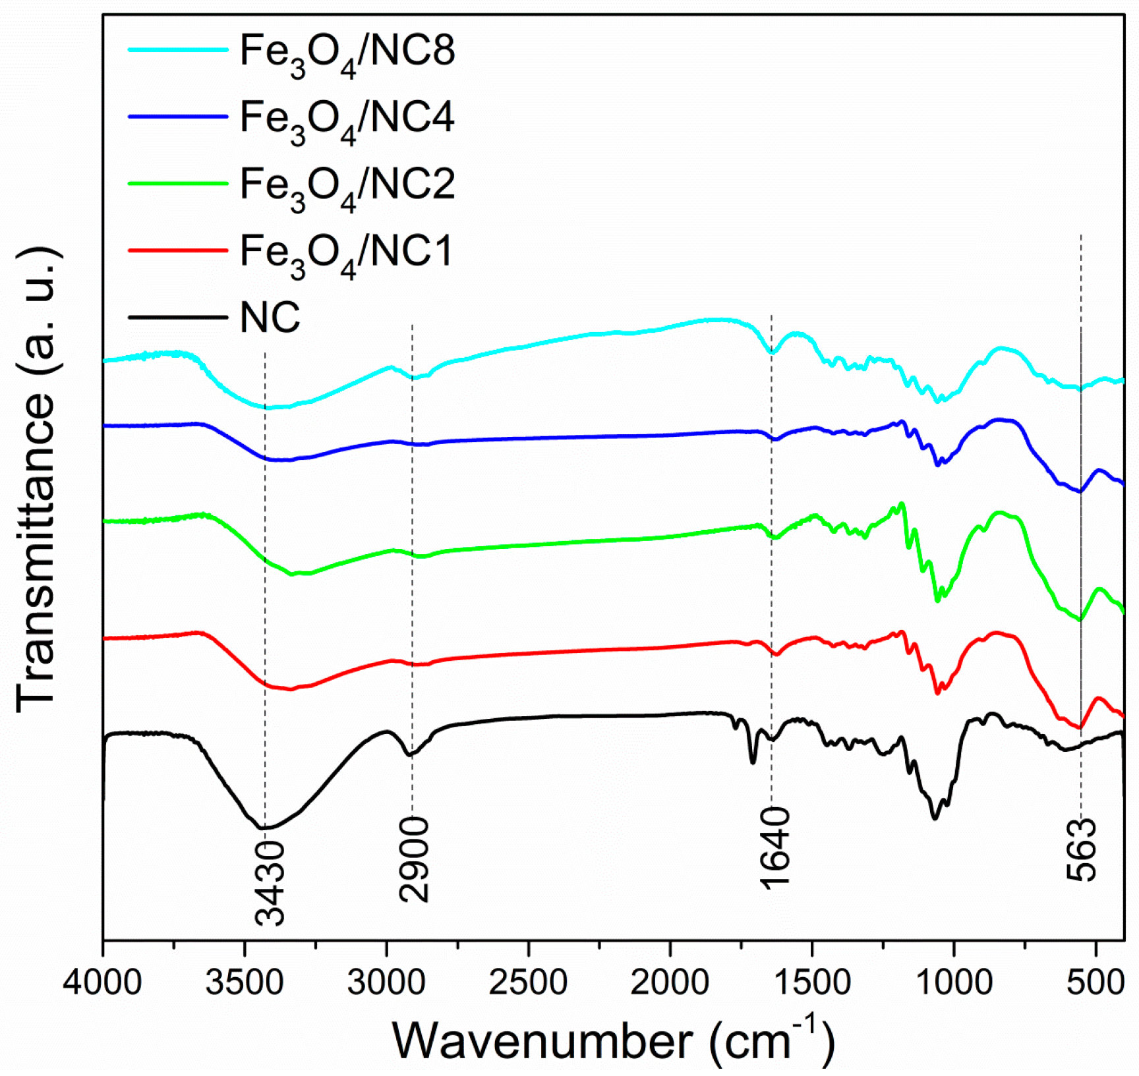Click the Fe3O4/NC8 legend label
[x=347, y=52]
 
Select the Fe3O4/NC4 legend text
[x=347, y=119]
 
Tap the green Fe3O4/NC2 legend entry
[x=347, y=186]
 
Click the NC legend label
[x=270, y=318]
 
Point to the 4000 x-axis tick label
[x=102, y=982]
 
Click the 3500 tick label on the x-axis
[x=245, y=982]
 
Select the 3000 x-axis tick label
[x=386, y=982]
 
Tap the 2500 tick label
[x=528, y=982]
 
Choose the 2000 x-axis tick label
[x=670, y=982]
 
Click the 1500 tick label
[x=811, y=982]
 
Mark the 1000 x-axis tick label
[x=953, y=982]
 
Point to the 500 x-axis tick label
[x=1095, y=982]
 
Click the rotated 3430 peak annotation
[x=270, y=883]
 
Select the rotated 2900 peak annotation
[x=414, y=859]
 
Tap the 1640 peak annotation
[x=774, y=847]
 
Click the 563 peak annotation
[x=1082, y=850]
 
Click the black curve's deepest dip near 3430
[x=264, y=828]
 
